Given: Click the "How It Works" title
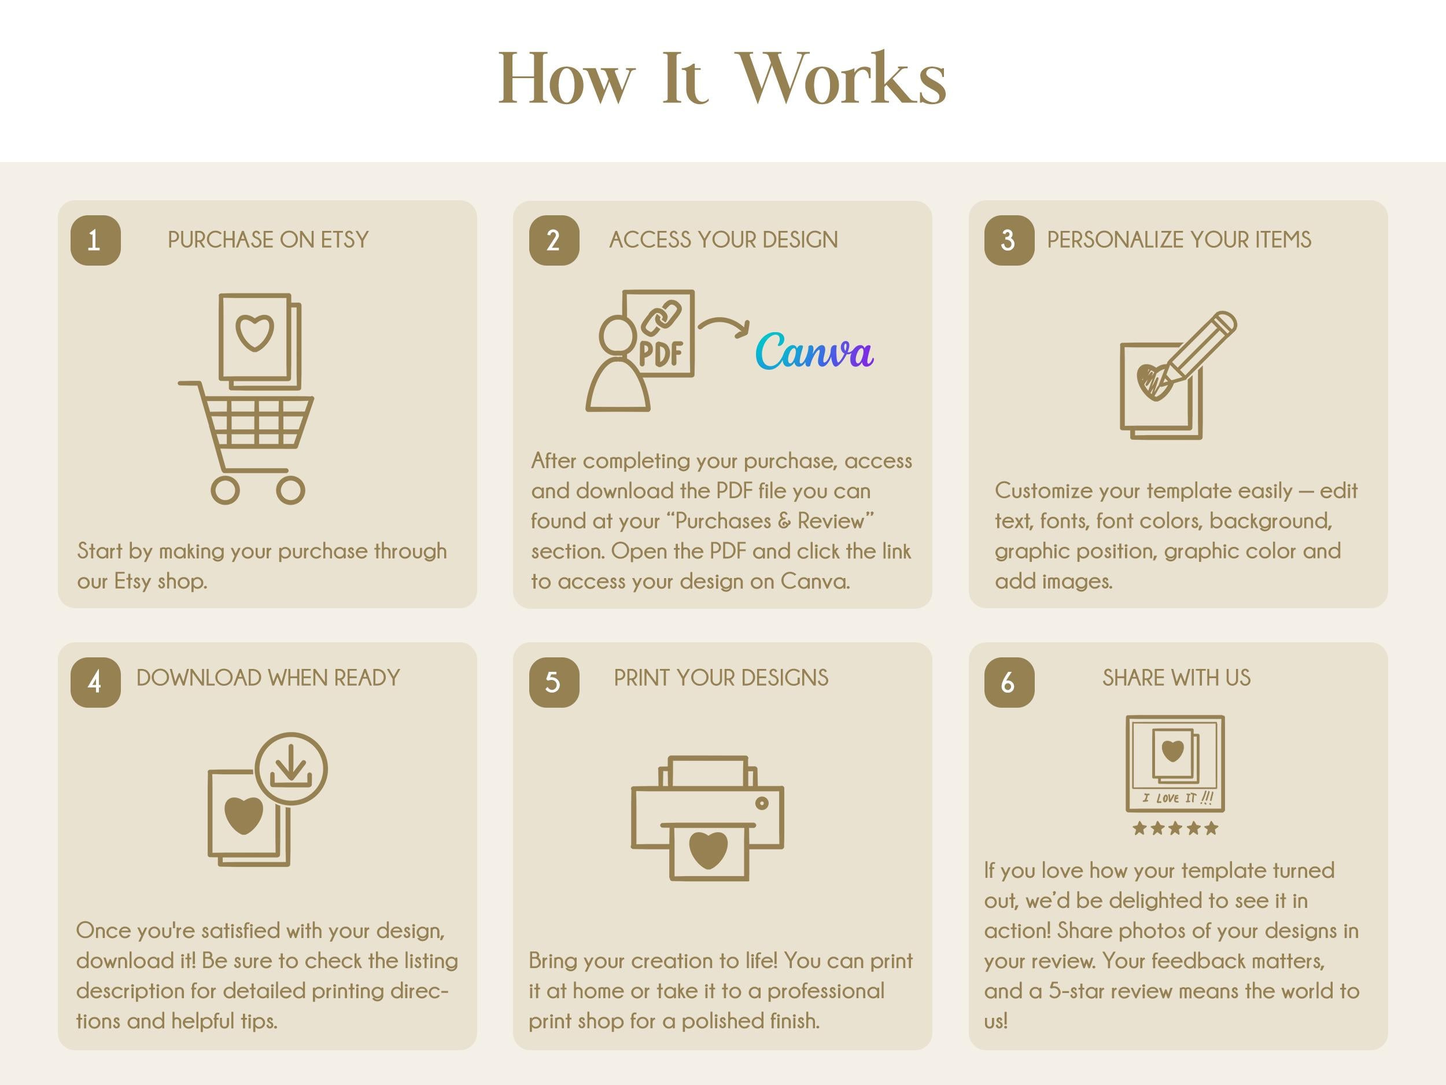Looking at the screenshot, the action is pyautogui.click(x=722, y=79).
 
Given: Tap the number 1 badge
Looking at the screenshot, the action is pyautogui.click(x=95, y=240).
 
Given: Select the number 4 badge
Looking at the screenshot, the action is pyautogui.click(x=95, y=682).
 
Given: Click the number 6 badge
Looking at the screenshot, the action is pyautogui.click(x=1009, y=682).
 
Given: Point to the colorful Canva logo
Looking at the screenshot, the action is pyautogui.click(x=814, y=351).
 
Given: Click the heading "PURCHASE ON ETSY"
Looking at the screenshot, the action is pyautogui.click(x=268, y=240).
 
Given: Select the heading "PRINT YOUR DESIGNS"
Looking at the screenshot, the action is pyautogui.click(x=721, y=678).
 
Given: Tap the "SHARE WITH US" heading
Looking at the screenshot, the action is pyautogui.click(x=1176, y=678).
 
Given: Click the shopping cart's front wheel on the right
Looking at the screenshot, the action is pyautogui.click(x=290, y=490).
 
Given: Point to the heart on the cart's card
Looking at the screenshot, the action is pyautogui.click(x=254, y=333).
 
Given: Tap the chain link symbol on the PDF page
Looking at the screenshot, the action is pyautogui.click(x=662, y=317).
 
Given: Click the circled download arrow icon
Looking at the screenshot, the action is pyautogui.click(x=291, y=768).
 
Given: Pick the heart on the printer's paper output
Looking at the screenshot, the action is pyautogui.click(x=708, y=849).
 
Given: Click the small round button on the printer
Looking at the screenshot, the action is pyautogui.click(x=762, y=803).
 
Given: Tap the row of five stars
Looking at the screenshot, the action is pyautogui.click(x=1175, y=829).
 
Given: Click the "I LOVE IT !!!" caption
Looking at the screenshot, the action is pyautogui.click(x=1177, y=798).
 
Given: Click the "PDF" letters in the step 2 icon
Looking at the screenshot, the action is pyautogui.click(x=661, y=354).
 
